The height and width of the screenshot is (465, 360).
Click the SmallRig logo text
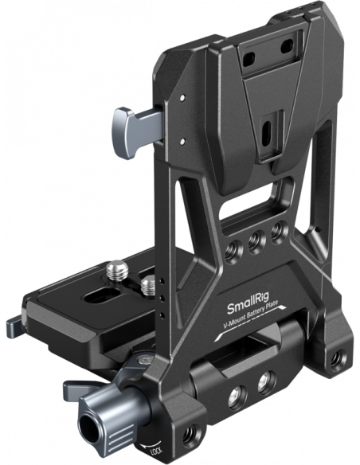(x=248, y=307)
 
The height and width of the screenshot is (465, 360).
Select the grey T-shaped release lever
(x=137, y=132)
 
